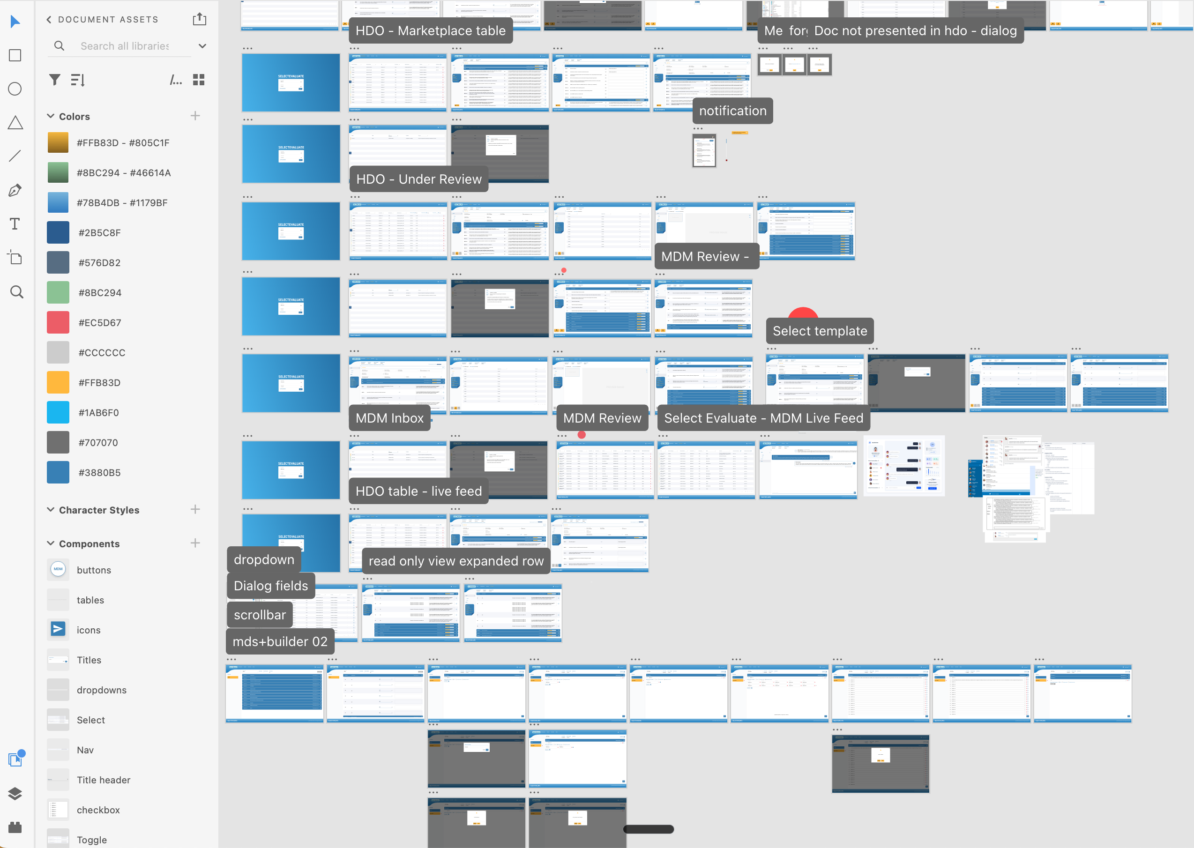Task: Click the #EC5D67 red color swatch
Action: (58, 323)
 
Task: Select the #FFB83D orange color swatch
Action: (58, 383)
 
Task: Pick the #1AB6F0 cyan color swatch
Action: (58, 412)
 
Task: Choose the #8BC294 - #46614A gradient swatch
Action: (58, 173)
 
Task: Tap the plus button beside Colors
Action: (195, 116)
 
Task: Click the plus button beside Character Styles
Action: (195, 510)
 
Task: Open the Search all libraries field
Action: (126, 46)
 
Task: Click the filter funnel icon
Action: (54, 80)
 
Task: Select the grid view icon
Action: (199, 80)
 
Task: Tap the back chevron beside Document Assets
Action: (49, 20)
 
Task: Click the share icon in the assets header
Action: (200, 20)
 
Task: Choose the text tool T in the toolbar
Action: (15, 224)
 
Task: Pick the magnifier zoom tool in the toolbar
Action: (17, 292)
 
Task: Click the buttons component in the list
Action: (94, 570)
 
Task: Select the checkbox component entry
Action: (98, 810)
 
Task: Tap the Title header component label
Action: (104, 780)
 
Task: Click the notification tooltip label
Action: (732, 111)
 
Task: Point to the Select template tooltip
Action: (820, 331)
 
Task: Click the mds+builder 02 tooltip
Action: (280, 642)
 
